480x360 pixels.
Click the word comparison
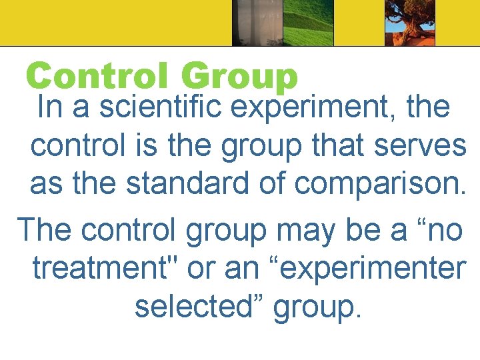tap(381, 185)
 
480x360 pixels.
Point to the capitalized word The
tap(44, 230)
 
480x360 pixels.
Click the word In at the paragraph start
tap(50, 107)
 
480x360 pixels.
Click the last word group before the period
tap(313, 307)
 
